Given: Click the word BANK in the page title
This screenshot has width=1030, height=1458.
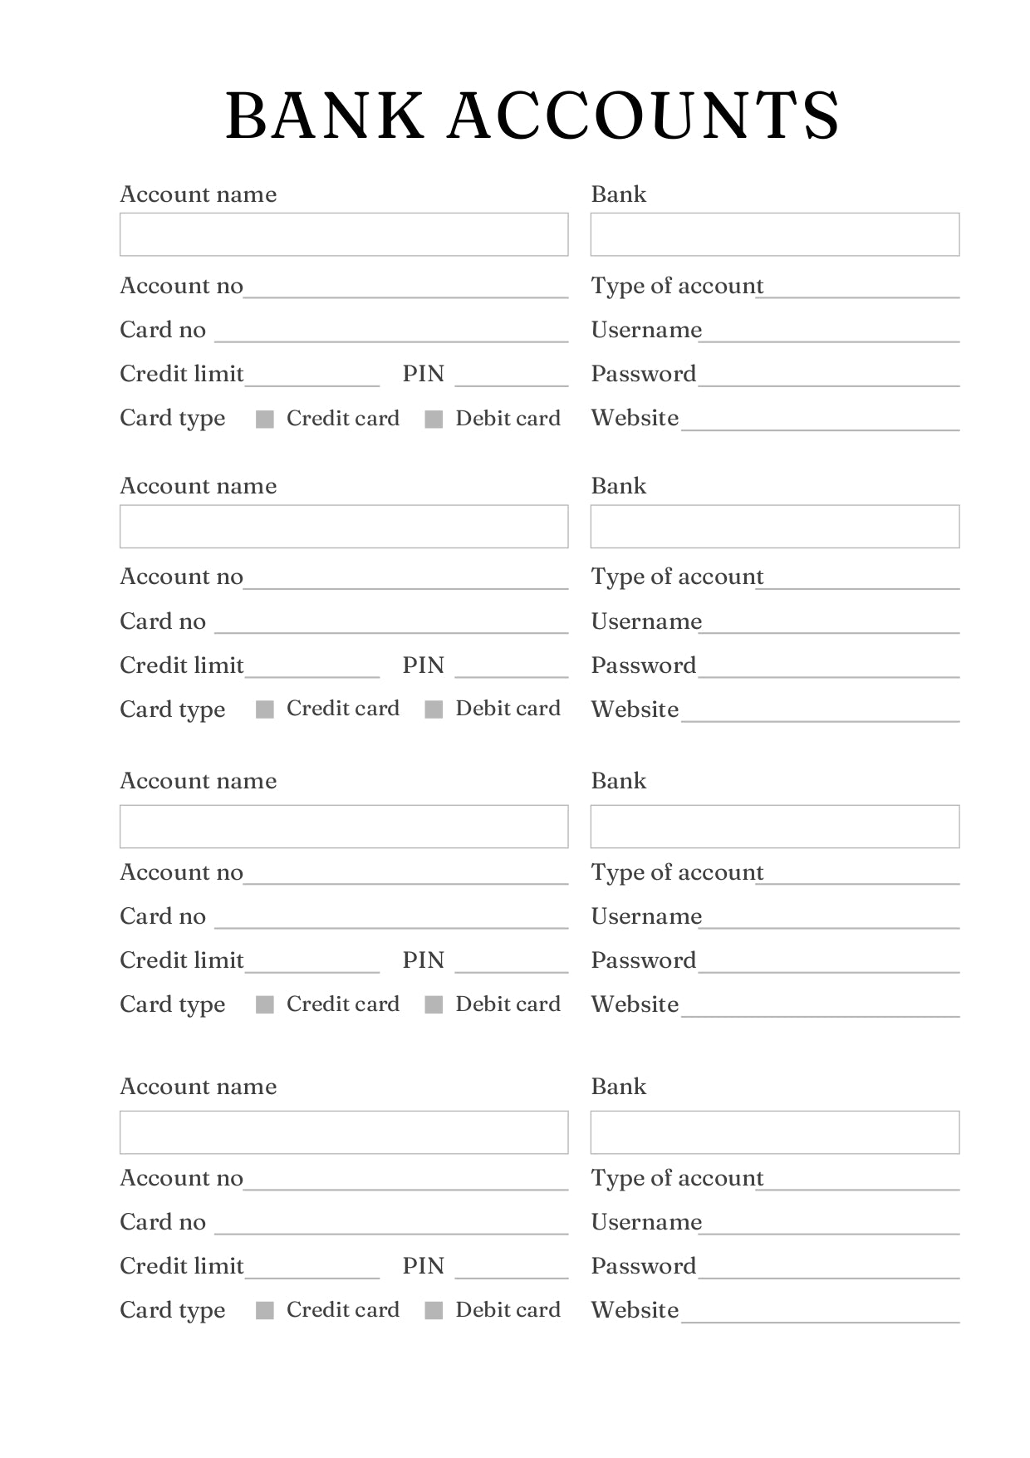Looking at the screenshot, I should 324,115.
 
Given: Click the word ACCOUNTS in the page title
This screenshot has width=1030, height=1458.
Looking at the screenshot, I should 644,115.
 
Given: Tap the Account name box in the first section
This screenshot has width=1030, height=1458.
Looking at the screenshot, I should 344,234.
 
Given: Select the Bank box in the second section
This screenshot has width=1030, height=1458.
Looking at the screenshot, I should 774,526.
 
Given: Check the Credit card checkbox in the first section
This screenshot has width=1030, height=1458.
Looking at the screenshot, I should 265,419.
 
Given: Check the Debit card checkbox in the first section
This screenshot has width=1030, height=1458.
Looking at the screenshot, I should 434,419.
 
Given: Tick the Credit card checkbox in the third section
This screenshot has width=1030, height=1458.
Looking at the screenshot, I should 265,1004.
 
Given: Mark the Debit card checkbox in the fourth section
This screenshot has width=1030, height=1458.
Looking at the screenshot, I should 434,1310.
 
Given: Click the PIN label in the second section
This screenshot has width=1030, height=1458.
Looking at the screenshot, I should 424,665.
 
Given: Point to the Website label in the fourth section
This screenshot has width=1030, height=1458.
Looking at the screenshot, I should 635,1310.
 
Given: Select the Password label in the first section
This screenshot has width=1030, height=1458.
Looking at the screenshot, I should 643,374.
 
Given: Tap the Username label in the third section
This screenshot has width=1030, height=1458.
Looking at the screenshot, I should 646,916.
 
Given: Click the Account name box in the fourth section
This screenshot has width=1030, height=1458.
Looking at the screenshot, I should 344,1132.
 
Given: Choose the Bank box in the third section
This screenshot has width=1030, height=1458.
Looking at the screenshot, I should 774,826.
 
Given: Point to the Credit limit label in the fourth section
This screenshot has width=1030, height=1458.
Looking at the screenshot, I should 182,1266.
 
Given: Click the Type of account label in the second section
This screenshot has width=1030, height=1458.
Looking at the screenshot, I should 677,577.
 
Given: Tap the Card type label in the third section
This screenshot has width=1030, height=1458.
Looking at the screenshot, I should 173,1004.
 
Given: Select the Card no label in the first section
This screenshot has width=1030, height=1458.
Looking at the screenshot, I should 163,330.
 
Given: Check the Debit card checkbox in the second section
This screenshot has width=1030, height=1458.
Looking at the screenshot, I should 434,709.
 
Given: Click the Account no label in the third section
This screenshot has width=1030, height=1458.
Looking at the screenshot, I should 181,872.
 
